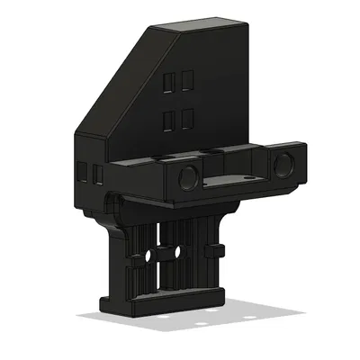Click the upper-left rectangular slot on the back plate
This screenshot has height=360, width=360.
[168, 83]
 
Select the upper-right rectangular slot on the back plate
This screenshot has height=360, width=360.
[185, 82]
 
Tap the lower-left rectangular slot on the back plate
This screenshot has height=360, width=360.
[168, 119]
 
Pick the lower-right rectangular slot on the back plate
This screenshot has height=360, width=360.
[185, 117]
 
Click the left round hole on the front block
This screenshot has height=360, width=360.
[188, 175]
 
